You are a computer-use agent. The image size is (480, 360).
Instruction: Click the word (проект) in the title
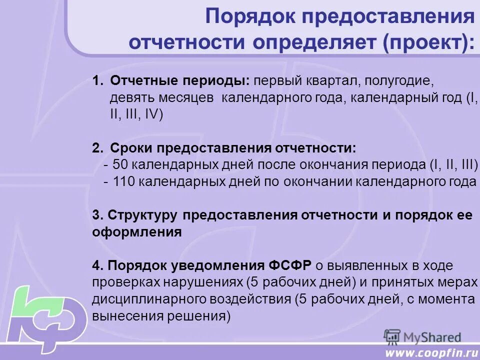pos(429,42)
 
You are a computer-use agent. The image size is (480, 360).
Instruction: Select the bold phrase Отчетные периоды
pos(180,81)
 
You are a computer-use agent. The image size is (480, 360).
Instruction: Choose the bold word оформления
pos(136,232)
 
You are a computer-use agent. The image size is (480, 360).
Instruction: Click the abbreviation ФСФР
pos(291,265)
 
